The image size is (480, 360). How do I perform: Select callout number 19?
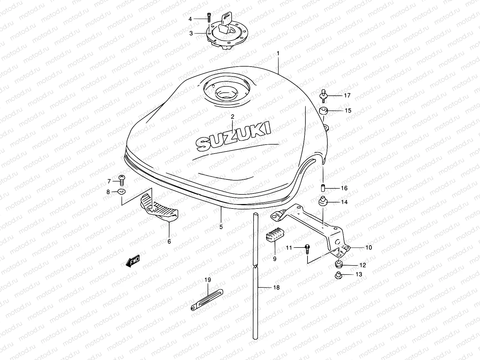pos(208,280)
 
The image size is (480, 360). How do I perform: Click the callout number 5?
pos(221,227)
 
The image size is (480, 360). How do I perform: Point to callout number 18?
pos(276,287)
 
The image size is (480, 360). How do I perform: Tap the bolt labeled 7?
pos(122,181)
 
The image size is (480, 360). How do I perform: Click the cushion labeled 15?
pos(323,111)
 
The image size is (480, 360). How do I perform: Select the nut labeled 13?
pos(338,274)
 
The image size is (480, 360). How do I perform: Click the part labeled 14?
pos(323,201)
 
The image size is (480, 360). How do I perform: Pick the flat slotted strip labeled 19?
pos(207,300)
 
